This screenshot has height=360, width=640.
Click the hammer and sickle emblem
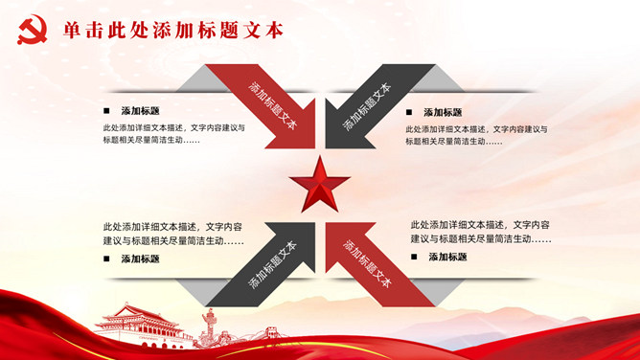pyautogui.click(x=32, y=30)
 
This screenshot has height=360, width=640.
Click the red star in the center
pyautogui.click(x=320, y=184)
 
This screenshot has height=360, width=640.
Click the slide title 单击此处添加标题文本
pyautogui.click(x=173, y=31)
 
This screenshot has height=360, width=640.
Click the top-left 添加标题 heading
pyautogui.click(x=140, y=110)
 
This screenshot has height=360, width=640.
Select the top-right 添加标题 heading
pyautogui.click(x=443, y=112)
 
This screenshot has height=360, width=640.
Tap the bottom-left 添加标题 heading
pyautogui.click(x=140, y=259)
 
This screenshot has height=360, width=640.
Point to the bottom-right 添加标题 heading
pyautogui.click(x=447, y=257)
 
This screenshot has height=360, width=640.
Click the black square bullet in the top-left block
pyautogui.click(x=106, y=110)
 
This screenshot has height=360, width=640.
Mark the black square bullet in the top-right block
pyautogui.click(x=409, y=112)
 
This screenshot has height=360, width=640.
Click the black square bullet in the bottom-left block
pyautogui.click(x=106, y=259)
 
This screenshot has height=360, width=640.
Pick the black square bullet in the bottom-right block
pyautogui.click(x=414, y=257)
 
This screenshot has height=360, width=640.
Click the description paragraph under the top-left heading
pyautogui.click(x=173, y=134)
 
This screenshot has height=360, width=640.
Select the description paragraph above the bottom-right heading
pyautogui.click(x=481, y=232)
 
